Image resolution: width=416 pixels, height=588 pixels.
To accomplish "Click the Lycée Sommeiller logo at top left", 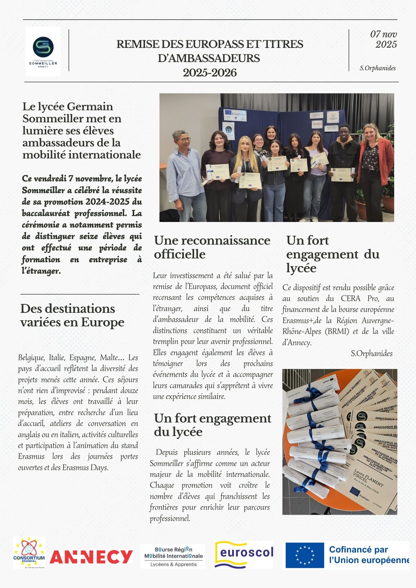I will click(43, 51).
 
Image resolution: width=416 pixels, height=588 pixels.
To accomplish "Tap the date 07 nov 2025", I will click(384, 39).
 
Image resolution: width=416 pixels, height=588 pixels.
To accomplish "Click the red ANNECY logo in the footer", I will click(91, 557).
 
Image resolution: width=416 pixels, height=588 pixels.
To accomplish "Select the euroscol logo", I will click(244, 554).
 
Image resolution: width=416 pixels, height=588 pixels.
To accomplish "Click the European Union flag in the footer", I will click(305, 555).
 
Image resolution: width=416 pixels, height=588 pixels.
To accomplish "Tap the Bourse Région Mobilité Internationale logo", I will click(173, 556).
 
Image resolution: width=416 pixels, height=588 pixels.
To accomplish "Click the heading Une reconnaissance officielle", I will click(212, 247).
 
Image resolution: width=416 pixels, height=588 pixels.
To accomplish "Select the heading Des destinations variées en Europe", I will click(72, 315).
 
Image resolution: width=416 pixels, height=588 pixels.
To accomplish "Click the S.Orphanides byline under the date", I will click(377, 68).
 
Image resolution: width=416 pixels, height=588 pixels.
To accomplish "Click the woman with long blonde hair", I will click(246, 171).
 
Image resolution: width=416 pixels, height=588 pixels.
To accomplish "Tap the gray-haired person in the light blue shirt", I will click(184, 171).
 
